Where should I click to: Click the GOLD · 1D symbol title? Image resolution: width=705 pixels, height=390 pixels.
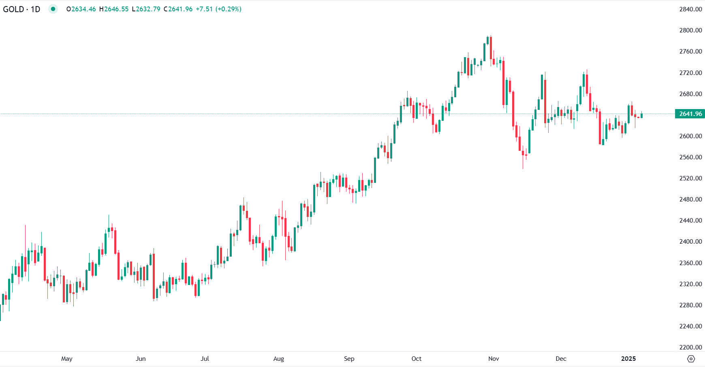(22, 9)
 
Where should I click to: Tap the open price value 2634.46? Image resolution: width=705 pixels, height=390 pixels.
(83, 9)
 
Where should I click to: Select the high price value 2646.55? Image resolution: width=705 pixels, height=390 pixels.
(116, 9)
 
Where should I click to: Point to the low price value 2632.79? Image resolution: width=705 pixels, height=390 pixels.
(148, 9)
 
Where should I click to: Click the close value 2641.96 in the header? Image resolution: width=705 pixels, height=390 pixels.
(180, 9)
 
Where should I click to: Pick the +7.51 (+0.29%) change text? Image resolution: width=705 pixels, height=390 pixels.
(218, 9)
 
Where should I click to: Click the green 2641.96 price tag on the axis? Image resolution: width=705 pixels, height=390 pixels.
(690, 114)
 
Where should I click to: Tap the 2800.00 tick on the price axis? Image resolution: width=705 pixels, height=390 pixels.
(690, 30)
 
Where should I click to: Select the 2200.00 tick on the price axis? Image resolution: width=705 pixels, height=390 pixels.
(690, 347)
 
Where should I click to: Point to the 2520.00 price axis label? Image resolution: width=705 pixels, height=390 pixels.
(690, 178)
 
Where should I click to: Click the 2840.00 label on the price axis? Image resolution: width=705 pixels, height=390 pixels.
(690, 9)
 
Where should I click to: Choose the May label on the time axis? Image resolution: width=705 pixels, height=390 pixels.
(67, 359)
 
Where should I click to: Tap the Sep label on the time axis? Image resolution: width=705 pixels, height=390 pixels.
(349, 359)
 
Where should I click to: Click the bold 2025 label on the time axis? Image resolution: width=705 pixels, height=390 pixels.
(628, 359)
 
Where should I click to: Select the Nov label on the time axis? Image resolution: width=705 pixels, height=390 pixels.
(493, 359)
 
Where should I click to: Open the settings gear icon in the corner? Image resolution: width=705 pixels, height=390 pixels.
(691, 359)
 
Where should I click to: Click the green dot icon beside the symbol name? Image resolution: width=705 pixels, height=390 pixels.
(53, 9)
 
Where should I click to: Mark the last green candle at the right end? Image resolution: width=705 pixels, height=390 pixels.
(641, 116)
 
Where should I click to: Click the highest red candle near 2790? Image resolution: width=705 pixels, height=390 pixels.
(491, 48)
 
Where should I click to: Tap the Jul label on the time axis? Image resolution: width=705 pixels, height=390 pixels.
(205, 359)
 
